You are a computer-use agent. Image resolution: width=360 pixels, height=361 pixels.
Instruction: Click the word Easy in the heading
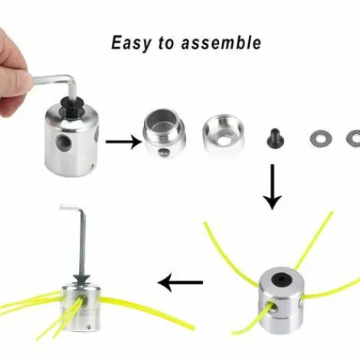131,43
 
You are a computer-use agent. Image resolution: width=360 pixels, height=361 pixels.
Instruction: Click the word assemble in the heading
221,42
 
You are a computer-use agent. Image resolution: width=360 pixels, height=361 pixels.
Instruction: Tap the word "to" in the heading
166,43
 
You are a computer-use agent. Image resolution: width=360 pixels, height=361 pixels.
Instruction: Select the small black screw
273,136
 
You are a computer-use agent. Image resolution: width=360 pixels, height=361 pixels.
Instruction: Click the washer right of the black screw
320,138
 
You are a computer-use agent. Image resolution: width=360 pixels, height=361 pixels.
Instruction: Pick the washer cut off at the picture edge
353,138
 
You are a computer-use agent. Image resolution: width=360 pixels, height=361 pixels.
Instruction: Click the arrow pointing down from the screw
273,187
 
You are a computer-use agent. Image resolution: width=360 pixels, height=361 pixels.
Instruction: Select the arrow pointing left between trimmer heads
180,283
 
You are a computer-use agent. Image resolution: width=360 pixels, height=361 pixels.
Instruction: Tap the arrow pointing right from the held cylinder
124,142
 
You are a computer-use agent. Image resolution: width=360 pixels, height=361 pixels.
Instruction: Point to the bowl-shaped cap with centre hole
224,135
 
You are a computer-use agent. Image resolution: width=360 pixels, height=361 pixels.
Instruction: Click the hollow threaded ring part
164,133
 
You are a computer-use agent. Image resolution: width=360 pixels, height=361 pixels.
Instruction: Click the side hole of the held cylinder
62,141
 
